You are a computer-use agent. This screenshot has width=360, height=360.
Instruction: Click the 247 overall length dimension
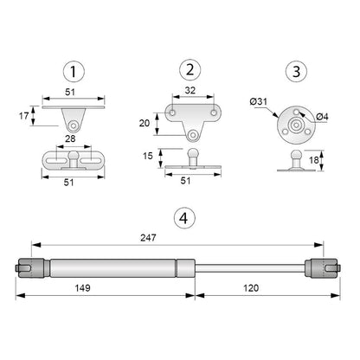tap(179, 242)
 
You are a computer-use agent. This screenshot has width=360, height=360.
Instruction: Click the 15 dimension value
tap(149, 156)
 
